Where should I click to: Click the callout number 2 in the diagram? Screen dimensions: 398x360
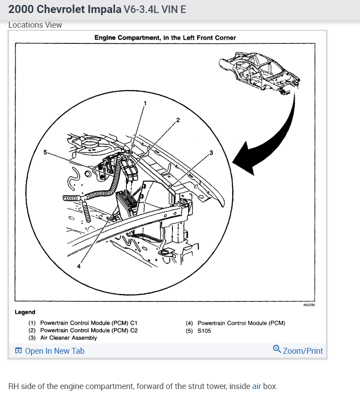pos(178,119)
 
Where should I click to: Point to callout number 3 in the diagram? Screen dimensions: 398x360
pos(211,152)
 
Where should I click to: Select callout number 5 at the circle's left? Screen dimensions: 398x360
pos(45,152)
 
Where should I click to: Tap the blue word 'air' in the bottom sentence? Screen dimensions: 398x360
pos(256,386)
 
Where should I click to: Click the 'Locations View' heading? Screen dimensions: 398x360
pos(35,25)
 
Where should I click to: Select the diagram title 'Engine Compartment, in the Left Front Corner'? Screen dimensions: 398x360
pos(165,38)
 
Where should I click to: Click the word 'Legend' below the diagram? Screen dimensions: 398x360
pos(25,312)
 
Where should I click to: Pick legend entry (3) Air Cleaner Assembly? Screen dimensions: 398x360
pos(63,338)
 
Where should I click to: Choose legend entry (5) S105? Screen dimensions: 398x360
pos(199,330)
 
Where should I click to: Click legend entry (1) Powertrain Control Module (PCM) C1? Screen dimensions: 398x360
pos(83,323)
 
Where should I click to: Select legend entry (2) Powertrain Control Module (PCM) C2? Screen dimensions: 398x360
pos(83,330)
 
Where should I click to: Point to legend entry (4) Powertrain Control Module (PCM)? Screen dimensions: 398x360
pos(235,323)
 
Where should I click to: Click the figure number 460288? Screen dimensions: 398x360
pos(309,304)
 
